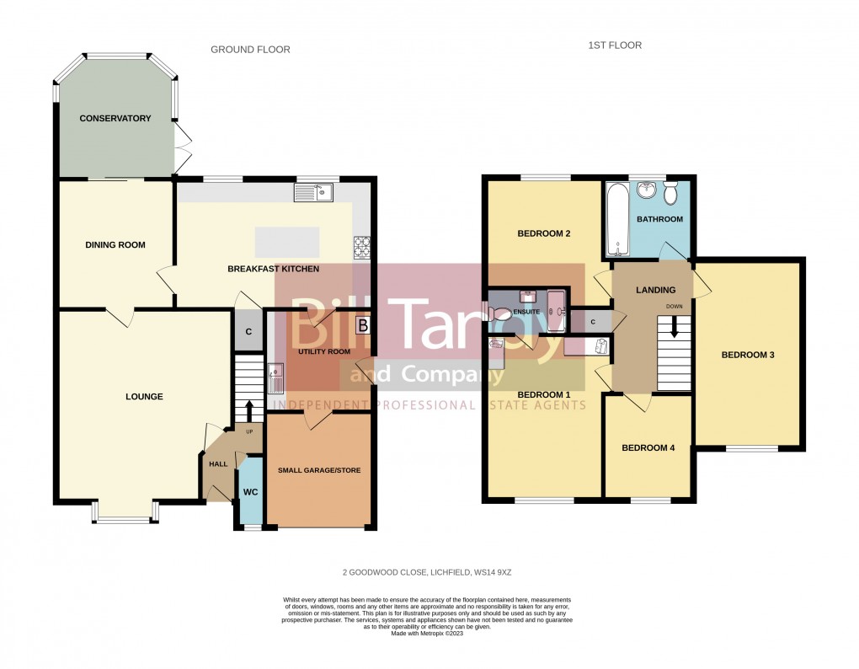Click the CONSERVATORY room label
pos(115,119)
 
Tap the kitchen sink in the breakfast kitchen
pos(314,194)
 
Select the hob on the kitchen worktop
pos(363,247)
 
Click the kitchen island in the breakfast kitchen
pos(287,242)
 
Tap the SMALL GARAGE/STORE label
pos(318,470)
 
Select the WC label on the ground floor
pos(250,491)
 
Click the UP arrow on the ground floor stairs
pos(249,411)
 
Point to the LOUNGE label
pos(144,397)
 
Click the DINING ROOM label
pos(115,245)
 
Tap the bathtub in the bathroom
pos(617,219)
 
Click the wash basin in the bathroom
pos(647,190)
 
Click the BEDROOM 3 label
pos(747,355)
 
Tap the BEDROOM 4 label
pos(648,448)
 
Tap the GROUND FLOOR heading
pos(250,50)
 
